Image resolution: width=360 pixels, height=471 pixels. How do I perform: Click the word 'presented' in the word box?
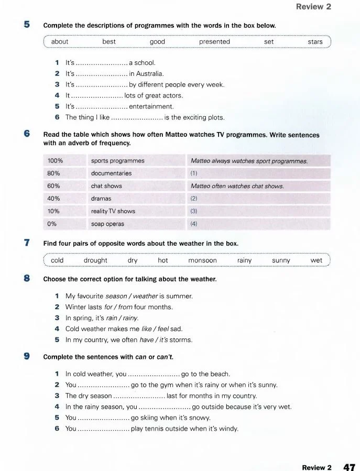214,42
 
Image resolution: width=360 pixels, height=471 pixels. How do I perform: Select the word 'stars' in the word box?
315,42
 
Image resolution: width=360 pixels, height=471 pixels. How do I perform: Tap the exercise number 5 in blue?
27,25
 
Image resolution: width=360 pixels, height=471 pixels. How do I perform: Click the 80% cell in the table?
54,173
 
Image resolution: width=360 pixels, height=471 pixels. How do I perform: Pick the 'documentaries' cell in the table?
112,173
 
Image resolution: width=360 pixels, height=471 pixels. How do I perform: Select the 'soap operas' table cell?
108,224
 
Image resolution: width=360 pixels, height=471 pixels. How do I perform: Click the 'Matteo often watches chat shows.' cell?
237,186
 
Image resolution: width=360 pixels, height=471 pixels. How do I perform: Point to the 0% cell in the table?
52,224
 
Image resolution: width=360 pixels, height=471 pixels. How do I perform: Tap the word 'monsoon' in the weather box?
202,260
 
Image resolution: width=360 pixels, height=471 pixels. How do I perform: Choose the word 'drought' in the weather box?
95,260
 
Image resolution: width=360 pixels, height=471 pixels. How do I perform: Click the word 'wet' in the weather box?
317,260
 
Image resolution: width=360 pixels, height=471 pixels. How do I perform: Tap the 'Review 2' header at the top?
313,7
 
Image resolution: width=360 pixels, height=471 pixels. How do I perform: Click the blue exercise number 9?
27,357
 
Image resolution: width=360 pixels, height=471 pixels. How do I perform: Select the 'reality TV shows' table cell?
113,211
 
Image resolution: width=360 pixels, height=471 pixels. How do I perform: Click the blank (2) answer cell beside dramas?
259,199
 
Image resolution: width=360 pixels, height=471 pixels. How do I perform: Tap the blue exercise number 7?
27,243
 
